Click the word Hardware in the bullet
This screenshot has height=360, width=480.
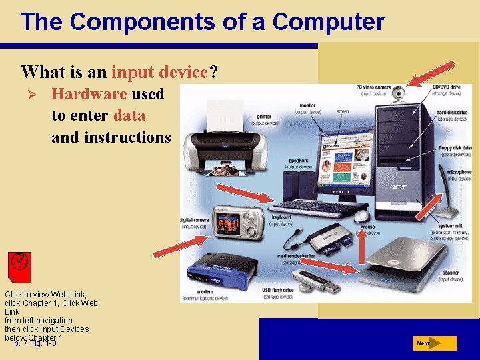pyautogui.click(x=89, y=94)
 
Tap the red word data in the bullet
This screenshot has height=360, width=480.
pyautogui.click(x=129, y=115)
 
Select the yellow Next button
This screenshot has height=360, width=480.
pyautogui.click(x=434, y=343)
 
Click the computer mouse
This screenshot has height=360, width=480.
pyautogui.click(x=361, y=217)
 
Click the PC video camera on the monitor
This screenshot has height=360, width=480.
pyautogui.click(x=398, y=94)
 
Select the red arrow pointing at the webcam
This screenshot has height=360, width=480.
pyautogui.click(x=431, y=73)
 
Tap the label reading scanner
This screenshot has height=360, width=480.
pyautogui.click(x=449, y=273)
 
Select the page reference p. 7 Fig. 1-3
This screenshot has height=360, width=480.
pyautogui.click(x=35, y=343)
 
